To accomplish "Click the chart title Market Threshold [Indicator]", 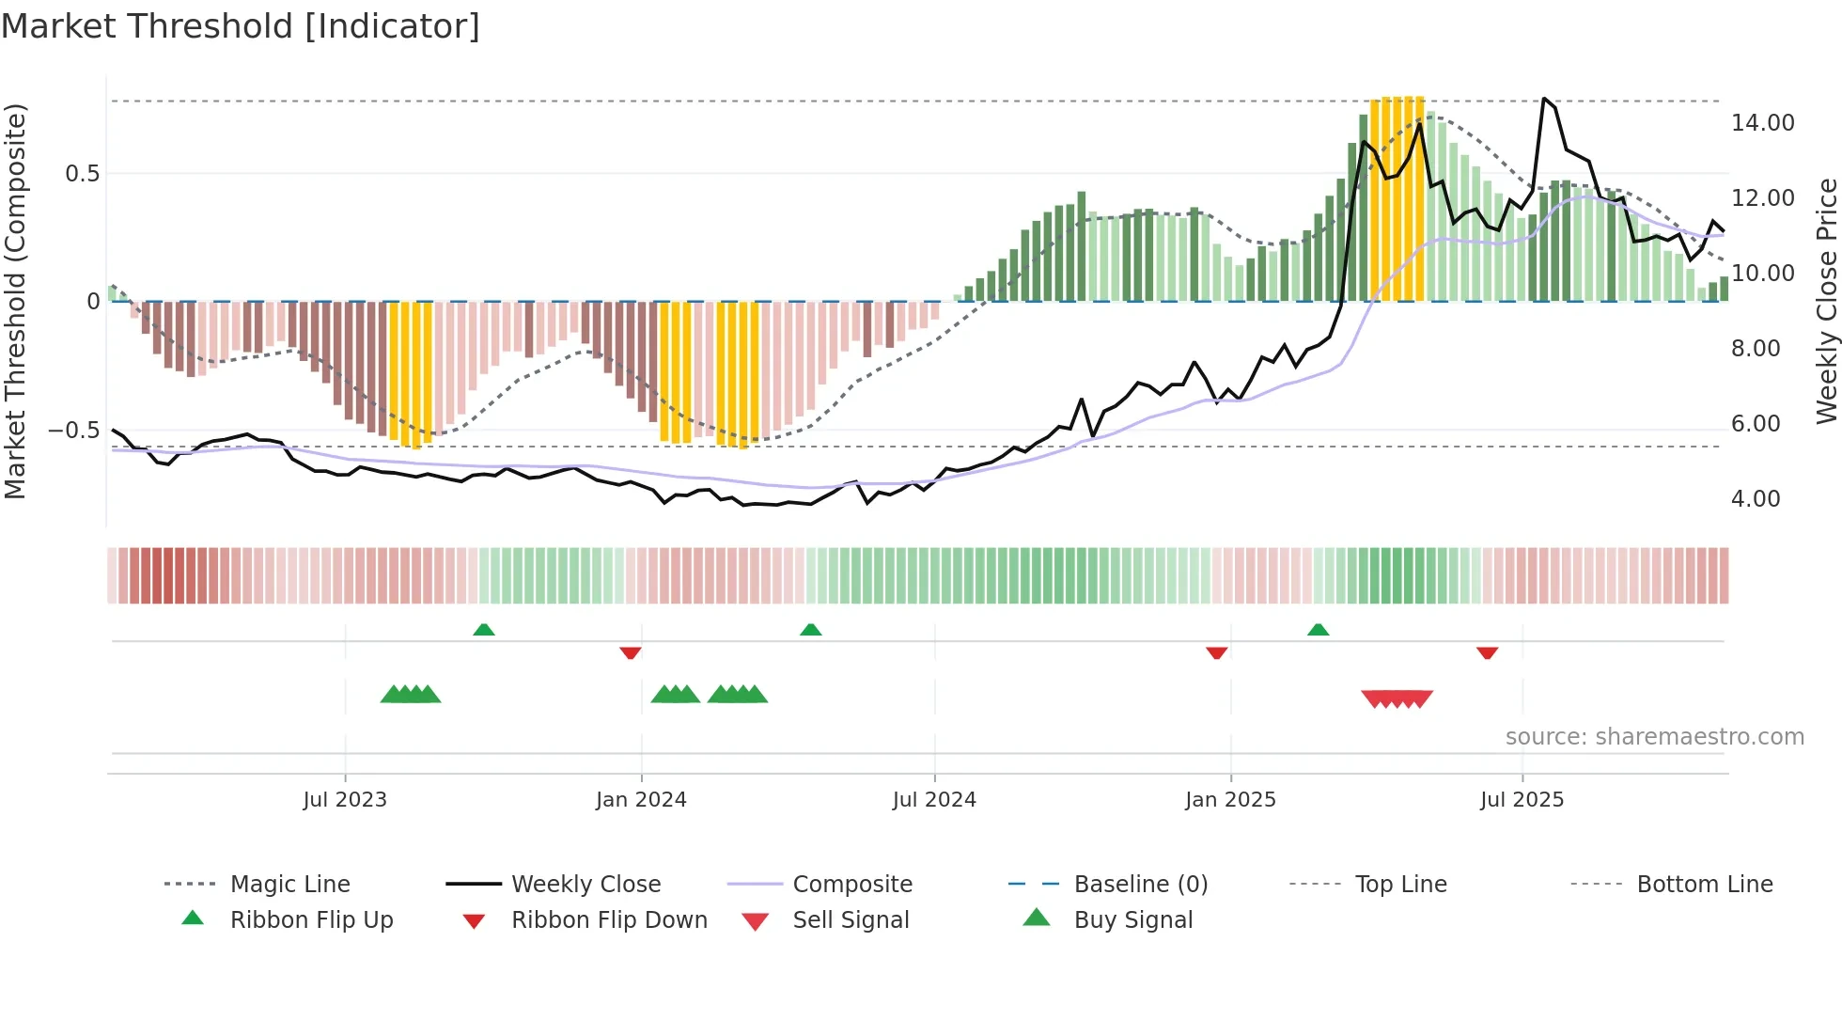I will pyautogui.click(x=241, y=26).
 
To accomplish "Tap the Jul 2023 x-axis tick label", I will pyautogui.click(x=345, y=800).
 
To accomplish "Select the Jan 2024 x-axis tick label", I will pyautogui.click(x=641, y=800).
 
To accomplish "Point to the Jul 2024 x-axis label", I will pyautogui.click(x=934, y=800).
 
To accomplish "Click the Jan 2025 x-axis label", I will pyautogui.click(x=1230, y=800).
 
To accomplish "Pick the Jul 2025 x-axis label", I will pyautogui.click(x=1522, y=800).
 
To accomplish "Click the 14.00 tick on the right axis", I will pyautogui.click(x=1762, y=123).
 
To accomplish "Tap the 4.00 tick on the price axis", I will pyautogui.click(x=1756, y=499).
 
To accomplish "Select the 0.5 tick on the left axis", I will pyautogui.click(x=82, y=174).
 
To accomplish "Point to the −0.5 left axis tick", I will pyautogui.click(x=74, y=431).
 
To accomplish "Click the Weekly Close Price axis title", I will pyautogui.click(x=1826, y=301).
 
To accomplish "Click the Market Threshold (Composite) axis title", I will pyautogui.click(x=15, y=301).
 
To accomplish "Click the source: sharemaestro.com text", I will pyautogui.click(x=1654, y=737).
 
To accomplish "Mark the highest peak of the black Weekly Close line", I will pyautogui.click(x=1544, y=98).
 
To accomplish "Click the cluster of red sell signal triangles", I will pyautogui.click(x=1397, y=699).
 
